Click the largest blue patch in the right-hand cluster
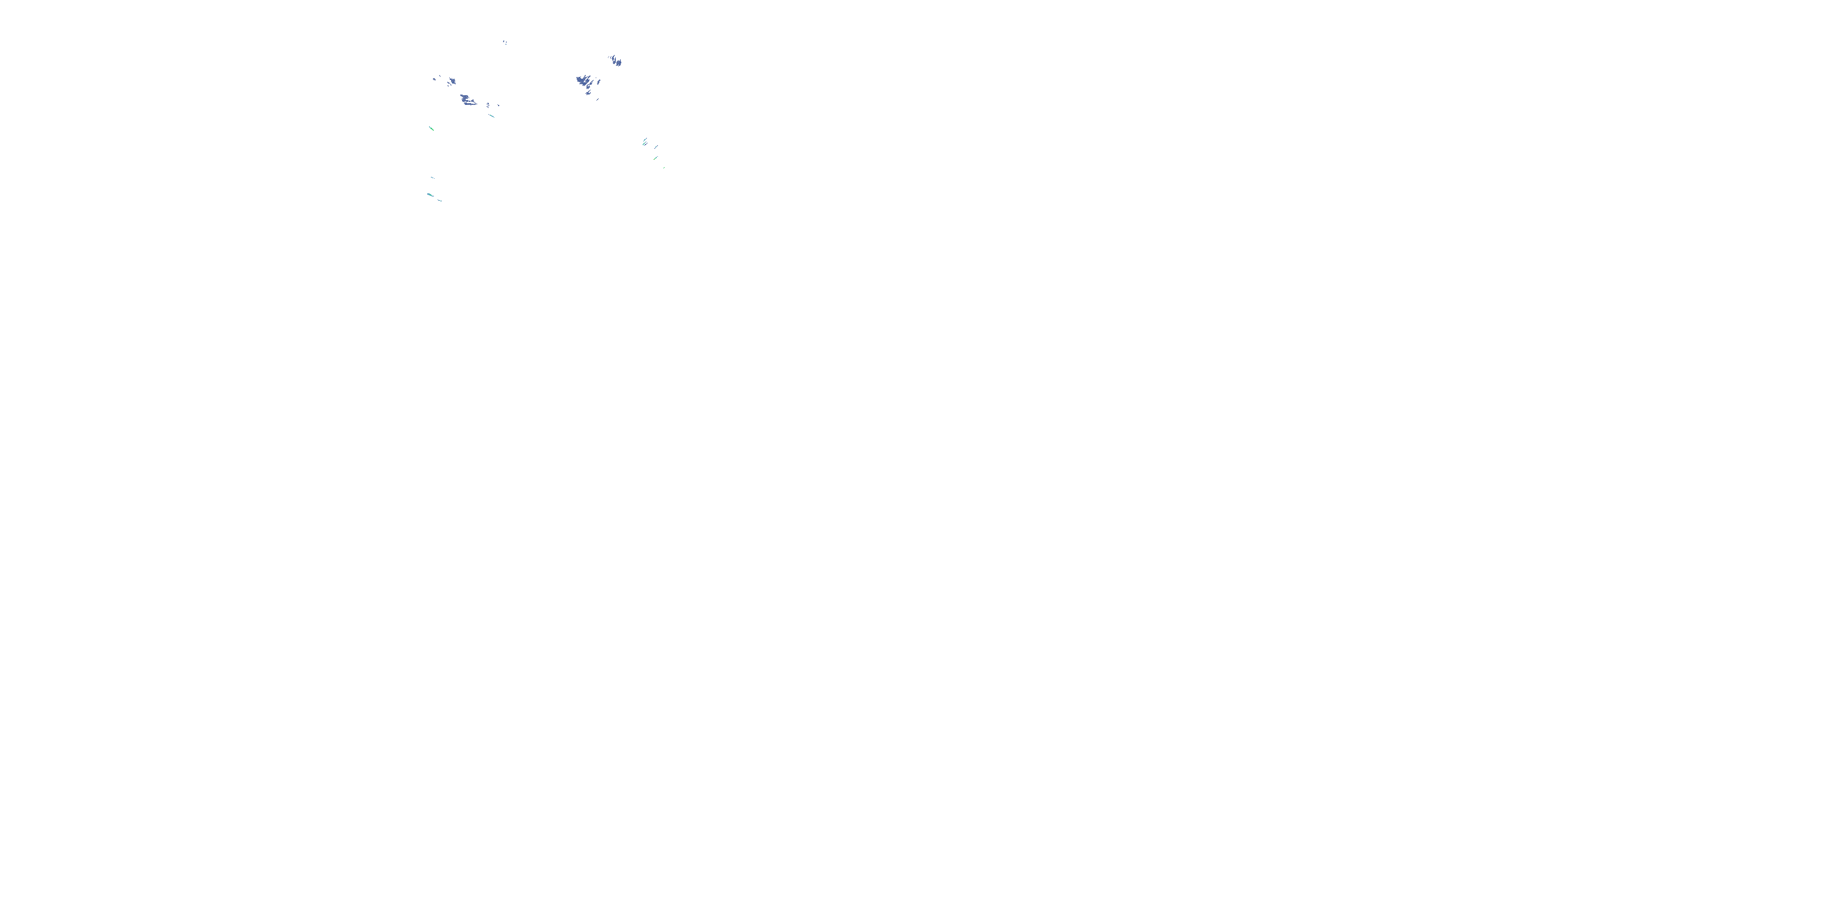click(x=582, y=81)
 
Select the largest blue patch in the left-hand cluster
click(x=467, y=99)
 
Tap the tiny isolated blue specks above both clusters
click(x=505, y=43)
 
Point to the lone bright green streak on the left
click(x=432, y=129)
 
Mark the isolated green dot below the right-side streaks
click(x=664, y=168)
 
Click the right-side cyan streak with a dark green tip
click(x=655, y=159)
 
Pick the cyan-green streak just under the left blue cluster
click(x=492, y=116)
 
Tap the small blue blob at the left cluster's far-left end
click(x=435, y=79)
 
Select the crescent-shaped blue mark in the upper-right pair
click(x=614, y=60)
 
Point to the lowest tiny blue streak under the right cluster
click(x=598, y=99)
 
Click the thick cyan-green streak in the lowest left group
click(x=430, y=195)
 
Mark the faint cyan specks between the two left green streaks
click(x=433, y=178)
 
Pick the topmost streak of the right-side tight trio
click(x=645, y=140)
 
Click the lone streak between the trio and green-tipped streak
click(x=656, y=147)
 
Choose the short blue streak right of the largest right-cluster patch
click(x=599, y=82)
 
